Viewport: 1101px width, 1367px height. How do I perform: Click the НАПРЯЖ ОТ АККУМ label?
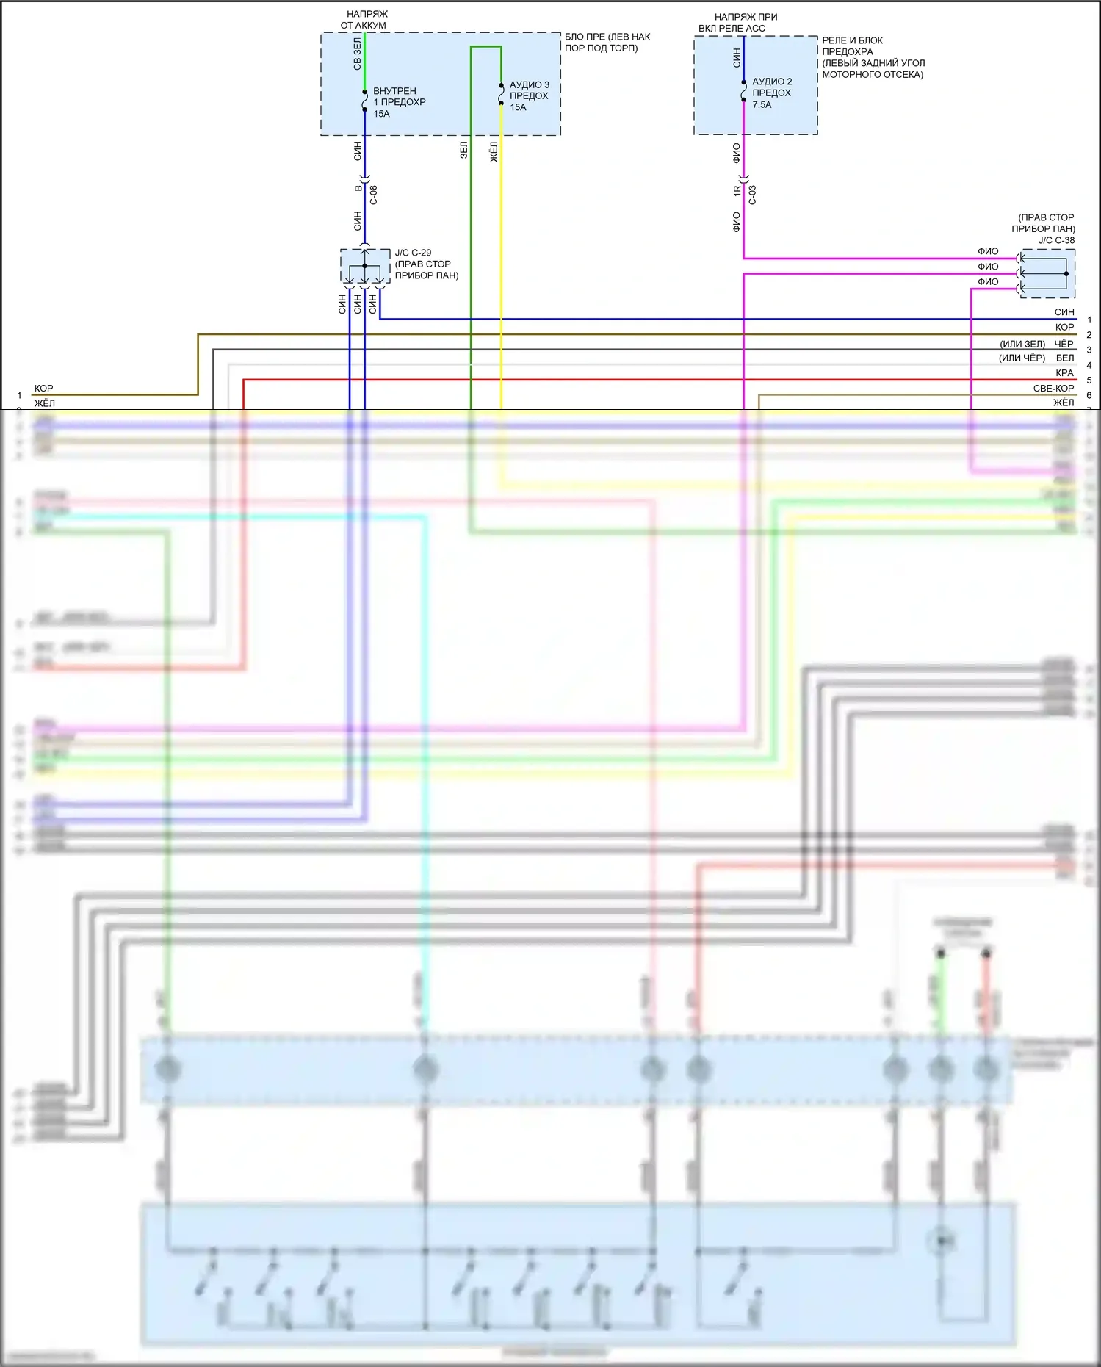364,20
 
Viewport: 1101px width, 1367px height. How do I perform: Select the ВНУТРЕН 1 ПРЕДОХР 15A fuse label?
399,102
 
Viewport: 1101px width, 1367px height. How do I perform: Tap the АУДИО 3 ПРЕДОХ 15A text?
529,95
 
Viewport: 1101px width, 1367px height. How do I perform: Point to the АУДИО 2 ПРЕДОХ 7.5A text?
771,93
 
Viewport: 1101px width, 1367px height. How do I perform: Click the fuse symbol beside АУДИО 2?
743,93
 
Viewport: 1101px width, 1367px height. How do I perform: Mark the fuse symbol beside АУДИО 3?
501,94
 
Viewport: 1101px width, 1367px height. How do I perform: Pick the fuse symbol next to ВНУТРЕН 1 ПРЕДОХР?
364,101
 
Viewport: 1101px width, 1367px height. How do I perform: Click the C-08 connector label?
373,195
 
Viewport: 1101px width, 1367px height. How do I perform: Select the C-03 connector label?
752,195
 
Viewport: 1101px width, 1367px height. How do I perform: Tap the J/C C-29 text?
413,253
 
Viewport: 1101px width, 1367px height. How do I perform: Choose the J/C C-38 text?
1056,240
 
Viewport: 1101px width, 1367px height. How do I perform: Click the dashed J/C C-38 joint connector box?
1047,273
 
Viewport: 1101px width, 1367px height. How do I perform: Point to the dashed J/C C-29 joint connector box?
365,266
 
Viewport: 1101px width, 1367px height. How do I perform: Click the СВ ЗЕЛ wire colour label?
357,54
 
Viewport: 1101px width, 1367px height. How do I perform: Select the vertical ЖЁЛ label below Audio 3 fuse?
494,152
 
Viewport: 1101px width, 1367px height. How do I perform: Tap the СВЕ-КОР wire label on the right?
1053,388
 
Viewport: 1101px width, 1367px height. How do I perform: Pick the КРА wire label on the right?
1064,373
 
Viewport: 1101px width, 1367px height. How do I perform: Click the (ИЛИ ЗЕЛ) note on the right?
1022,344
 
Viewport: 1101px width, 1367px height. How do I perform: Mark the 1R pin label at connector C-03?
737,190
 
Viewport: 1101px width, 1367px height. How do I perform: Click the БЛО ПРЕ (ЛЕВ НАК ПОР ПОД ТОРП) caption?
607,43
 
